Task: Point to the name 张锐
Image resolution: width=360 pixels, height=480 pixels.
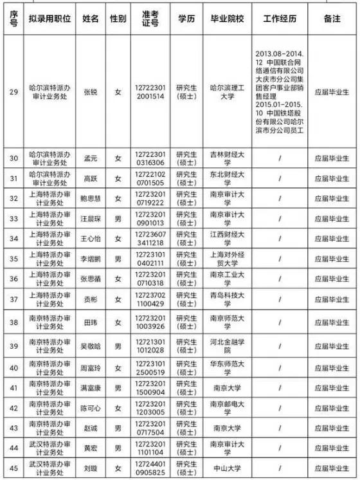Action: point(91,92)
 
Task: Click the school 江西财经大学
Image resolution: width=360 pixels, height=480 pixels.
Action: point(230,238)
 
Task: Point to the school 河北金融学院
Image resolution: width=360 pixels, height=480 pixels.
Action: point(230,346)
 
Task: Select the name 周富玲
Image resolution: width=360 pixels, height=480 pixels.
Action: point(91,368)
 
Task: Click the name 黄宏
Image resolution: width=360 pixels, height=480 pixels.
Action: point(91,448)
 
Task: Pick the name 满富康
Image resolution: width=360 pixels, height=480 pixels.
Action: point(91,388)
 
